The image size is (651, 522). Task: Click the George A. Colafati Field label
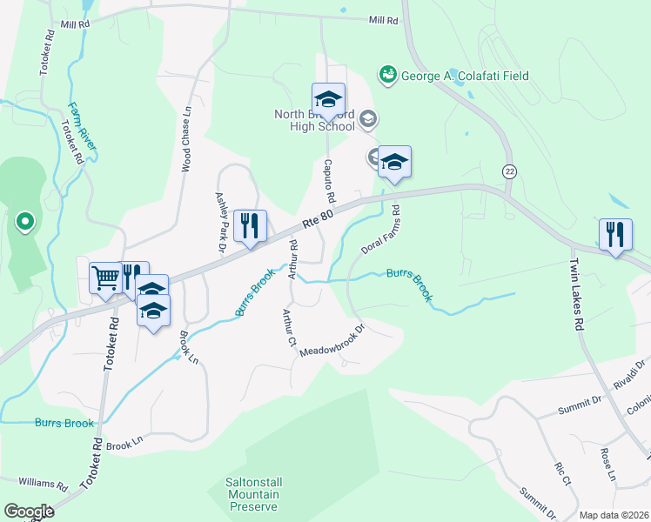(x=464, y=76)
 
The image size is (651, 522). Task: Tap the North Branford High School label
(x=314, y=120)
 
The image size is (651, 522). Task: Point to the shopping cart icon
(x=106, y=278)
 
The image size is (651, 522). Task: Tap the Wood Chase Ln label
(x=185, y=139)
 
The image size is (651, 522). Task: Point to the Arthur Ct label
(x=287, y=327)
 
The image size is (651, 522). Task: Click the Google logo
(x=29, y=512)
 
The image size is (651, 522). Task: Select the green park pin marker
(x=24, y=222)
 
